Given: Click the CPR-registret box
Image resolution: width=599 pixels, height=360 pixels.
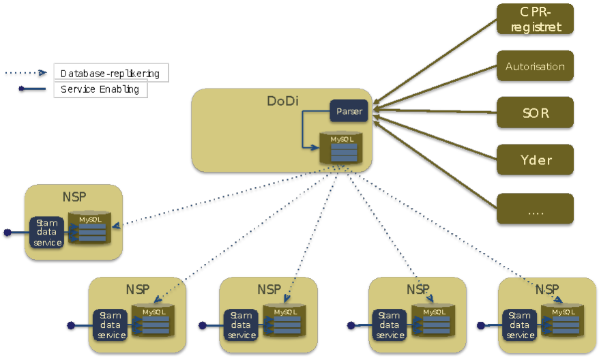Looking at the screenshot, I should click(535, 19).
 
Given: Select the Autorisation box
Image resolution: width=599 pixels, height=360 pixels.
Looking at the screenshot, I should click(535, 66).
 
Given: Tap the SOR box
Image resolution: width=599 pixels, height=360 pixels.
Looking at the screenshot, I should click(535, 112).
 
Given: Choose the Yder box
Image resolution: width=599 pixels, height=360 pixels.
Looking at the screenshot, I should click(535, 160).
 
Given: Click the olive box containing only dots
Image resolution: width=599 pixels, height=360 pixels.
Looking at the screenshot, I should click(535, 209).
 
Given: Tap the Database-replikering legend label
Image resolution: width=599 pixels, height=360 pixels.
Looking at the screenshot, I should click(110, 73).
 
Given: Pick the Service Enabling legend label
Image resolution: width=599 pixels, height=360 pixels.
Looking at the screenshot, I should click(100, 89).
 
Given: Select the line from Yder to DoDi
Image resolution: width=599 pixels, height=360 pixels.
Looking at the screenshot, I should click(437, 139).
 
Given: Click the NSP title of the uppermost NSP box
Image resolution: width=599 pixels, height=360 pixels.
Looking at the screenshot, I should click(73, 197).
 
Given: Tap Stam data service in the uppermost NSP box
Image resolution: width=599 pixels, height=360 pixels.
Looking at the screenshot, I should click(46, 232).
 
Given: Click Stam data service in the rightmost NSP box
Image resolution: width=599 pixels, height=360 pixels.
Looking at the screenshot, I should click(520, 325).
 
